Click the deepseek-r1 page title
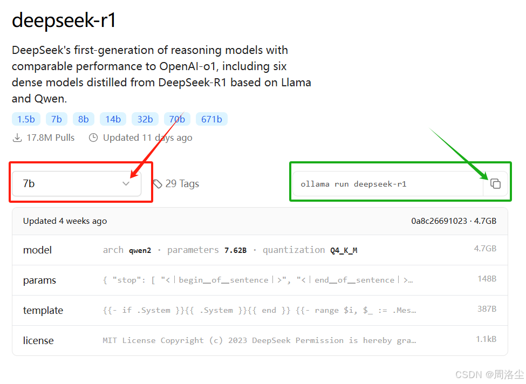point(64,20)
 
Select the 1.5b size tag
point(26,119)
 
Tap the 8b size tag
point(83,119)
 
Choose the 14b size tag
point(113,119)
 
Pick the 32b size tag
point(145,119)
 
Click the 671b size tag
point(211,119)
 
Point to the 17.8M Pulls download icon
point(17,138)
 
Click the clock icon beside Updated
point(93,138)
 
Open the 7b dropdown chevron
point(126,184)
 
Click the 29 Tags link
point(176,184)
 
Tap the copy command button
point(495,184)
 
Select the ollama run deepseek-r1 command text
point(353,184)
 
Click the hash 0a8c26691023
point(439,221)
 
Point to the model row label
point(37,250)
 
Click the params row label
point(39,280)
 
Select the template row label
point(43,311)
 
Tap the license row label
point(38,341)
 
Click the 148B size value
point(487,279)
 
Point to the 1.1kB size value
point(486,339)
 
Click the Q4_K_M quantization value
point(344,250)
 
